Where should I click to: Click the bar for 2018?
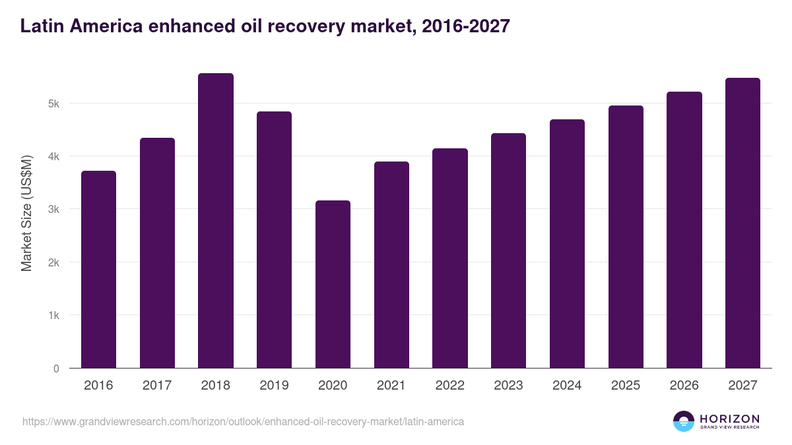click(x=216, y=221)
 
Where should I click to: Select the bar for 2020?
click(x=333, y=284)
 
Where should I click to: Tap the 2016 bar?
click(x=98, y=270)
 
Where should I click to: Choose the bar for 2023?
click(x=508, y=251)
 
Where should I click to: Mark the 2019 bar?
click(x=274, y=240)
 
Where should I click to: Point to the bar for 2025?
click(x=626, y=237)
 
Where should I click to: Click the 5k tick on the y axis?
click(x=53, y=104)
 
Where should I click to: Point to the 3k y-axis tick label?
click(x=53, y=210)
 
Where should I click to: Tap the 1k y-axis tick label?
click(x=53, y=315)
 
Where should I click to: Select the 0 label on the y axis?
click(x=56, y=369)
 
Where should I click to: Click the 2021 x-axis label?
click(x=391, y=386)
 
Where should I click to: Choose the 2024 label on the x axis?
click(x=567, y=386)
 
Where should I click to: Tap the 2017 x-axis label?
click(x=157, y=386)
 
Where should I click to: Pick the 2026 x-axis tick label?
click(x=684, y=386)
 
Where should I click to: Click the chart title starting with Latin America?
click(x=265, y=26)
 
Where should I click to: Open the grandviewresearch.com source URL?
click(x=243, y=421)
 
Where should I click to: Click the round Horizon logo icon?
click(x=684, y=421)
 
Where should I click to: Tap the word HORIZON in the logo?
click(x=729, y=419)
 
